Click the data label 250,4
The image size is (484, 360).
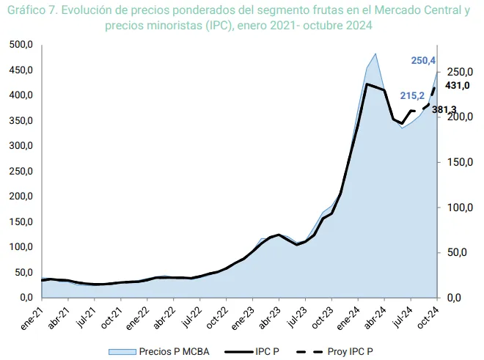click(x=424, y=60)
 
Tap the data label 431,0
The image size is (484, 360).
click(x=458, y=86)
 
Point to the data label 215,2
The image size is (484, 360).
click(x=412, y=96)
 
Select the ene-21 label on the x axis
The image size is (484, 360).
click(x=30, y=314)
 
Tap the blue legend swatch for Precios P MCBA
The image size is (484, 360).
click(x=120, y=351)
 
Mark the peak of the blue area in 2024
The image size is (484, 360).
click(x=375, y=54)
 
